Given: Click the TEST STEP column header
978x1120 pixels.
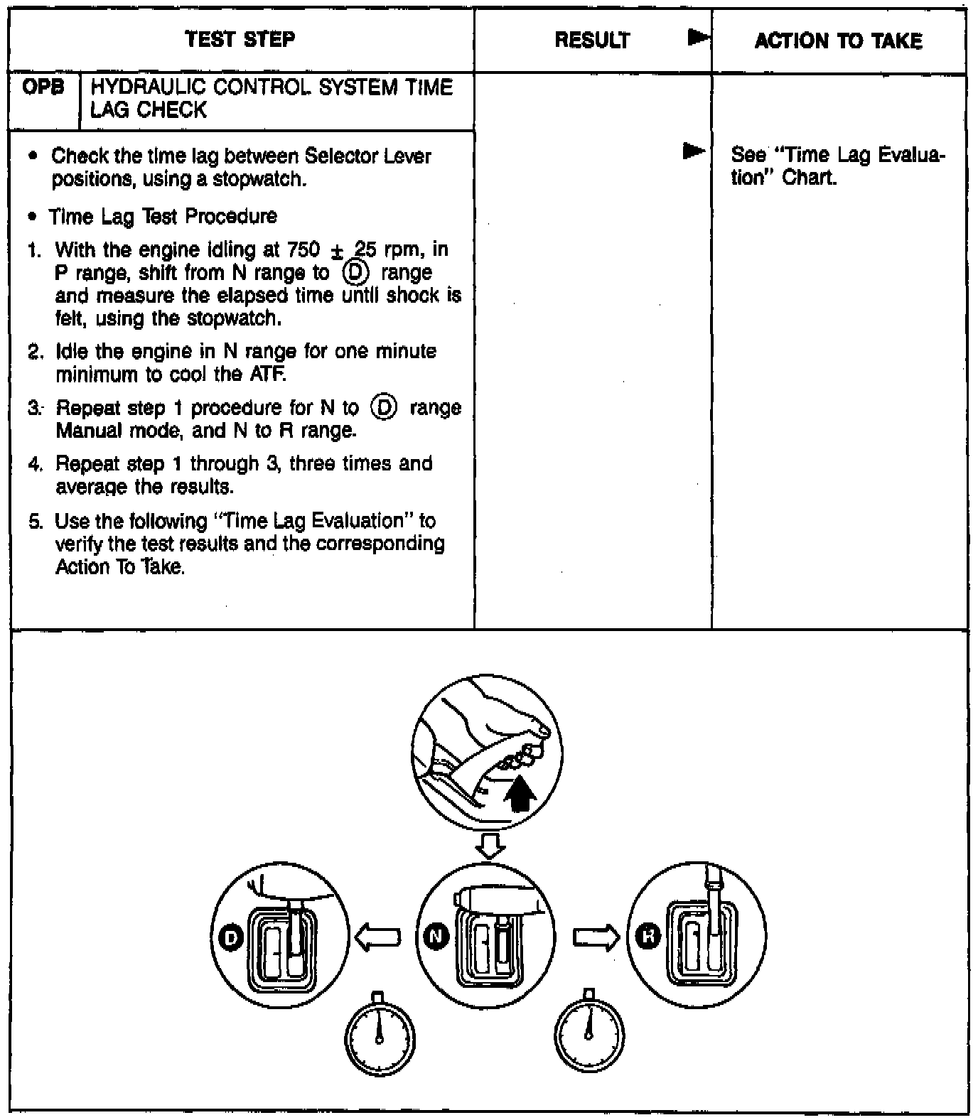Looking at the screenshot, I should pyautogui.click(x=240, y=39).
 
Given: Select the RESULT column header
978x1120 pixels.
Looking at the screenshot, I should pyautogui.click(x=592, y=41).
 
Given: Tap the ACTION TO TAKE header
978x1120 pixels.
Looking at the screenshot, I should pyautogui.click(x=838, y=41).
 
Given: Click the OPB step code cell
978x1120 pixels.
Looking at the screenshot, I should pyautogui.click(x=43, y=87).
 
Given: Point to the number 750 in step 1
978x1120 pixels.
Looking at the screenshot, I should pyautogui.click(x=303, y=250).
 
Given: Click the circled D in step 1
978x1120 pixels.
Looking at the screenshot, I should pyautogui.click(x=355, y=273).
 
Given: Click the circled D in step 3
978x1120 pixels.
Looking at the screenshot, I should pyautogui.click(x=384, y=408).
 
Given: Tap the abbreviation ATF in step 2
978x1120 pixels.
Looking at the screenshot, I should pyautogui.click(x=267, y=375).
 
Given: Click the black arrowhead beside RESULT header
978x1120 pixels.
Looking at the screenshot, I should pyautogui.click(x=699, y=38).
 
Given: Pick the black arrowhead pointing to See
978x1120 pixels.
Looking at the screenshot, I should pyautogui.click(x=694, y=151).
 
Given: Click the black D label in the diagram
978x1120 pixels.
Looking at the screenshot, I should pyautogui.click(x=230, y=938).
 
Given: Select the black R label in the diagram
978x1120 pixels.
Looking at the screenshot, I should pyautogui.click(x=647, y=937).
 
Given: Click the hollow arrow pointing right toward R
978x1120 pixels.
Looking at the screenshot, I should pyautogui.click(x=596, y=938).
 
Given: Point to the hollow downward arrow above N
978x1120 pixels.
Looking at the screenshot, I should pyautogui.click(x=490, y=846).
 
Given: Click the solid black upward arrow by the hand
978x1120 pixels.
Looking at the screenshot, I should pyautogui.click(x=520, y=794).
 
